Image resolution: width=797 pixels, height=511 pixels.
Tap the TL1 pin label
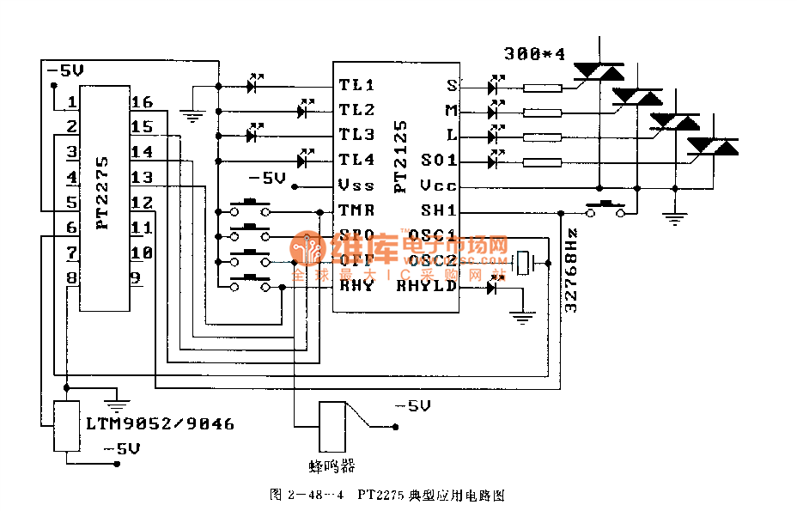coord(356,85)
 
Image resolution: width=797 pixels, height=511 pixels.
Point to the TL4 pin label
coord(356,160)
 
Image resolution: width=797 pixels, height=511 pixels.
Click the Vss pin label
coord(356,185)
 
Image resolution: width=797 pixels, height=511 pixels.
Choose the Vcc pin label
coord(438,186)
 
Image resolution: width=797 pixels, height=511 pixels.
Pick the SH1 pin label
coord(438,210)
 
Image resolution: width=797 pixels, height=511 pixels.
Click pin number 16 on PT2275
coord(142,103)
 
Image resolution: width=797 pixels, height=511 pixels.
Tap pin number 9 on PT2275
coord(136,277)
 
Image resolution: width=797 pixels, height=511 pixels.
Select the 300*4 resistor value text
coord(535,53)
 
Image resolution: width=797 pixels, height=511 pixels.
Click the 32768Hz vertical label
coord(572,269)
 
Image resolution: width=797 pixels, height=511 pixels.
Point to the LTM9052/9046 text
coord(160,424)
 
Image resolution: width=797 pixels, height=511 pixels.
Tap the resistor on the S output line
coord(542,87)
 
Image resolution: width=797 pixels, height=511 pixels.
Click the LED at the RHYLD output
coord(492,288)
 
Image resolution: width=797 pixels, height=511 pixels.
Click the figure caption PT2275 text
coord(382,496)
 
